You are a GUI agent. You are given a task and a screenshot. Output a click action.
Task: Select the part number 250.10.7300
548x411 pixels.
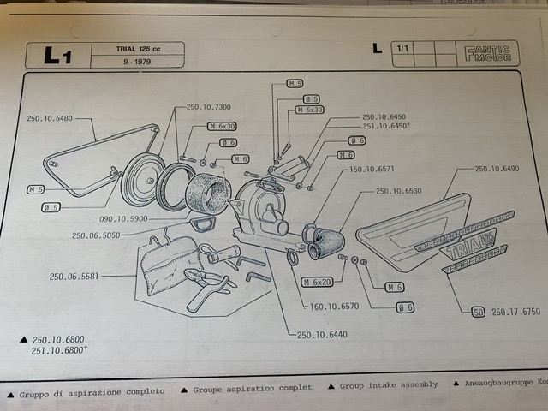pos(208,107)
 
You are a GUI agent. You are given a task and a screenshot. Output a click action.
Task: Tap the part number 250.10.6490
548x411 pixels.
pos(497,170)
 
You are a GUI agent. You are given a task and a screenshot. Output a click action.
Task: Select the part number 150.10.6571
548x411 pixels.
pos(372,170)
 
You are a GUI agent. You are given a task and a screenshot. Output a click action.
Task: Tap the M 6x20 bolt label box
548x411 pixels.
pos(319,281)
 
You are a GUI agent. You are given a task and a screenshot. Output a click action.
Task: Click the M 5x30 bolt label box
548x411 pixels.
pos(310,110)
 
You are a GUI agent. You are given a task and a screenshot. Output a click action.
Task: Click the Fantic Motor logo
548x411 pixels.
pos(489,53)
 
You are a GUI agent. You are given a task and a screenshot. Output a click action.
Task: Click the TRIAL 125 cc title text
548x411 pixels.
pos(138,48)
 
